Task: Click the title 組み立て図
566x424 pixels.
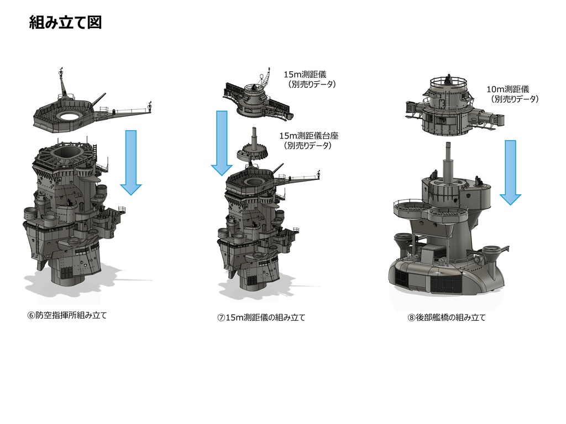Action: [65, 23]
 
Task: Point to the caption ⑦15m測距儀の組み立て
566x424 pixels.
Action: [261, 317]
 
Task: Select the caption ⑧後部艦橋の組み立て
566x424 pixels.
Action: [447, 317]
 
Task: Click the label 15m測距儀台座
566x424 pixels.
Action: [308, 136]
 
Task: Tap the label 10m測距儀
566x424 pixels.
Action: [507, 89]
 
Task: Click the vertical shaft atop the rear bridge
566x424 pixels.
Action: [447, 163]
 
